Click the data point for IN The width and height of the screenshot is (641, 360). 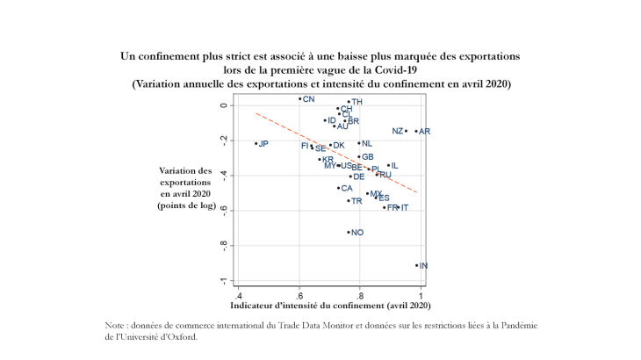pyautogui.click(x=417, y=265)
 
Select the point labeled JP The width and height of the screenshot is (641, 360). pyautogui.click(x=256, y=143)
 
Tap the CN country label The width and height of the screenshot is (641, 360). pyautogui.click(x=308, y=99)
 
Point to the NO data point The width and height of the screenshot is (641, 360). pyautogui.click(x=349, y=233)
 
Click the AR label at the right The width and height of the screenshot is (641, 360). pyautogui.click(x=424, y=132)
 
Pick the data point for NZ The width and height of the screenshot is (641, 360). pyautogui.click(x=406, y=131)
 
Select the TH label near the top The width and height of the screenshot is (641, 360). pyautogui.click(x=357, y=102)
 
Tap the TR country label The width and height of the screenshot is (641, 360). pyautogui.click(x=357, y=201)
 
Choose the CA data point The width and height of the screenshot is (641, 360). pyautogui.click(x=338, y=188)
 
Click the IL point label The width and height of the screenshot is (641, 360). pyautogui.click(x=394, y=165)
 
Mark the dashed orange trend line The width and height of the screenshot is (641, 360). pyautogui.click(x=334, y=151)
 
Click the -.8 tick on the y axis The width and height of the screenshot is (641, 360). pyautogui.click(x=224, y=246)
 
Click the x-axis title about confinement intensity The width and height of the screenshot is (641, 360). pyautogui.click(x=330, y=306)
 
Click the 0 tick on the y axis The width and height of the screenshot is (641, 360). pyautogui.click(x=224, y=105)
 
